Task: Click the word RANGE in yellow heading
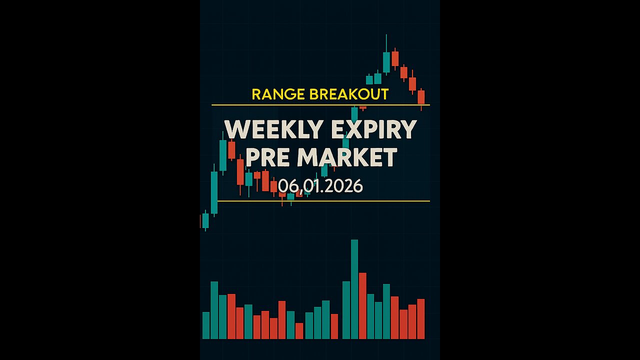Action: (272, 94)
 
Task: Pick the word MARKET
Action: (347, 157)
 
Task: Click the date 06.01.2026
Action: (320, 186)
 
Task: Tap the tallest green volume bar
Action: (354, 290)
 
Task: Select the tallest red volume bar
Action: (362, 306)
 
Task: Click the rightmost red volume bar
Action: (421, 319)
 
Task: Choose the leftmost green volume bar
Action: (206, 325)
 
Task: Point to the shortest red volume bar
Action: (299, 331)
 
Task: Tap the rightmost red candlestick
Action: (421, 97)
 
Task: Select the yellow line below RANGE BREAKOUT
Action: (320, 105)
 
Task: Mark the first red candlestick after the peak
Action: (395, 58)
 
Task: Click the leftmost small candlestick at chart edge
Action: (204, 220)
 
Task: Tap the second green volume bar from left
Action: (214, 310)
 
